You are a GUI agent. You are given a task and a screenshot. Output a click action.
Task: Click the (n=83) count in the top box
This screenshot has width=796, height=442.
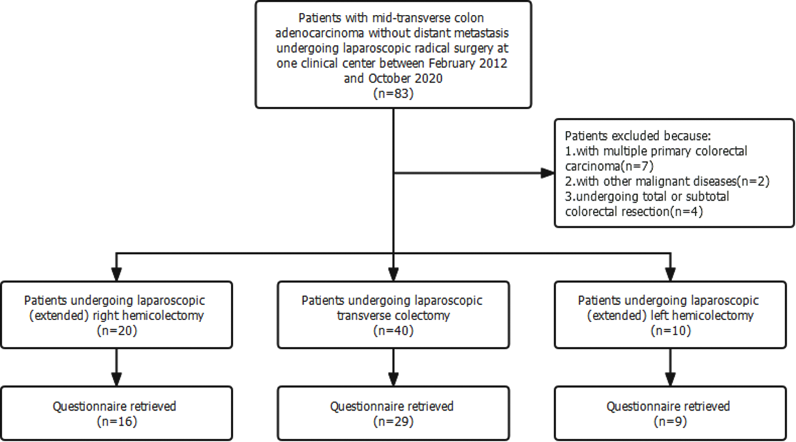(x=393, y=94)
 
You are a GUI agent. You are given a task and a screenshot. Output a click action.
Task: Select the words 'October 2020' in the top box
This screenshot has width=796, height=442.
(x=405, y=78)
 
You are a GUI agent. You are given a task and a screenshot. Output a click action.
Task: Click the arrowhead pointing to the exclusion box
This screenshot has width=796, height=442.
(x=547, y=173)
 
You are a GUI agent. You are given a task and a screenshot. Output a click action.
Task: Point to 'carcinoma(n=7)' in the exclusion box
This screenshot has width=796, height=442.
(x=609, y=166)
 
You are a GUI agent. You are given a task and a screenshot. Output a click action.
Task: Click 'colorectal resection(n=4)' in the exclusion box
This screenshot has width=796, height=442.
(x=634, y=212)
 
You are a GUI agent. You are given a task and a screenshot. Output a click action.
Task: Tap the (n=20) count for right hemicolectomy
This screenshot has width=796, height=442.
(x=117, y=330)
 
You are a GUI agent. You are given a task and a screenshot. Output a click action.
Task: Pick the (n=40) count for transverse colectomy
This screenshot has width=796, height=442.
(x=393, y=330)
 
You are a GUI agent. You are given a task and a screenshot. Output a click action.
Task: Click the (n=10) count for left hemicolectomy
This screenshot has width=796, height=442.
(x=670, y=330)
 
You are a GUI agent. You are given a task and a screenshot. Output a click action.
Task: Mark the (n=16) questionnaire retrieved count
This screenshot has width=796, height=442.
(x=117, y=421)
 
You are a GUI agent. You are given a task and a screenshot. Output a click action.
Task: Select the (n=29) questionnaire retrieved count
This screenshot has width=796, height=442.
(x=393, y=421)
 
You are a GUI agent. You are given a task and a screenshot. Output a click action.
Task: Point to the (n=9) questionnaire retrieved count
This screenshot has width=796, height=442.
(x=670, y=421)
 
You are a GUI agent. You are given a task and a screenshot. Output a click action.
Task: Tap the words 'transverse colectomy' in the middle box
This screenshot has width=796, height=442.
(x=393, y=315)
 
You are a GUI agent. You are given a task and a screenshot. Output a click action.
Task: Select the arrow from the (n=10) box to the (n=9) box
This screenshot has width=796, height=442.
(x=670, y=368)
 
